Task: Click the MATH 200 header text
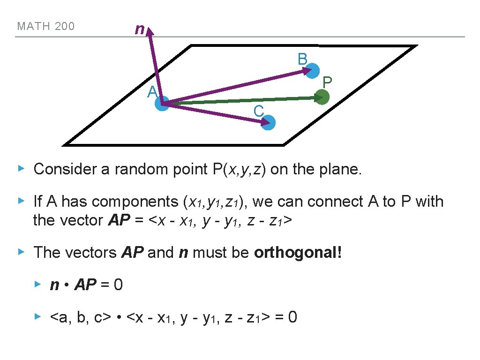tap(45, 26)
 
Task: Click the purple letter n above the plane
tap(139, 30)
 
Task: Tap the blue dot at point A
tap(162, 104)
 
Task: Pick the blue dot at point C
tap(269, 123)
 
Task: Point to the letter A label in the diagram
tap(151, 92)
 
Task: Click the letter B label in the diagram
tap(302, 59)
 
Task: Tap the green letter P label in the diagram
tap(327, 82)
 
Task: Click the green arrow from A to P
tap(244, 100)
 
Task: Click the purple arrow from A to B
tap(234, 87)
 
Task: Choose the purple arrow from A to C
tap(216, 113)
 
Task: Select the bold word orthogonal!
tap(298, 253)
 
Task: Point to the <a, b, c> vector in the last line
tap(80, 317)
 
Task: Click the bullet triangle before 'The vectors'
tap(21, 252)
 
